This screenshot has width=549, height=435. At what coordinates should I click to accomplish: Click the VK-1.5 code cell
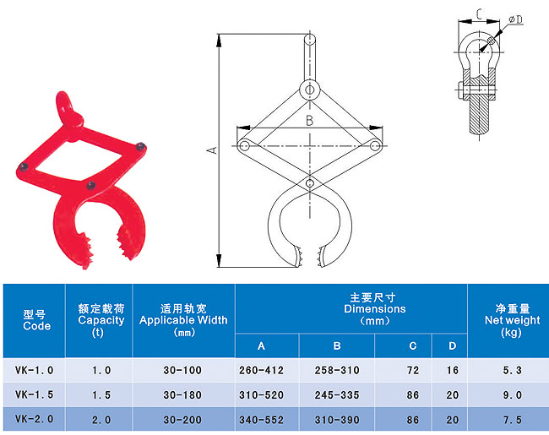coord(34,394)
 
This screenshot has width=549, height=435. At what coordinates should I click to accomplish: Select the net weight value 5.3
coord(512,370)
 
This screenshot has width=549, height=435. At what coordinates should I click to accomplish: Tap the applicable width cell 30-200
coord(182,420)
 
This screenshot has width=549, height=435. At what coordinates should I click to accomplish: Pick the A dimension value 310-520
coord(261,395)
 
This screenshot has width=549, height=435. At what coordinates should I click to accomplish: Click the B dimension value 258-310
coord(337,370)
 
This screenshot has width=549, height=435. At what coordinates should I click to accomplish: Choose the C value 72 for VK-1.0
coord(413,370)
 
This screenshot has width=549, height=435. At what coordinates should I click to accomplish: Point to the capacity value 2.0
coord(101,420)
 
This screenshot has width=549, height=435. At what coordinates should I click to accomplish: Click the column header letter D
coord(453,346)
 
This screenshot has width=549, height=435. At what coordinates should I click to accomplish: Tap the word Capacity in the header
coord(101,320)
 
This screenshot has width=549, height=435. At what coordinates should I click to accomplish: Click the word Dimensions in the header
coord(375,309)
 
